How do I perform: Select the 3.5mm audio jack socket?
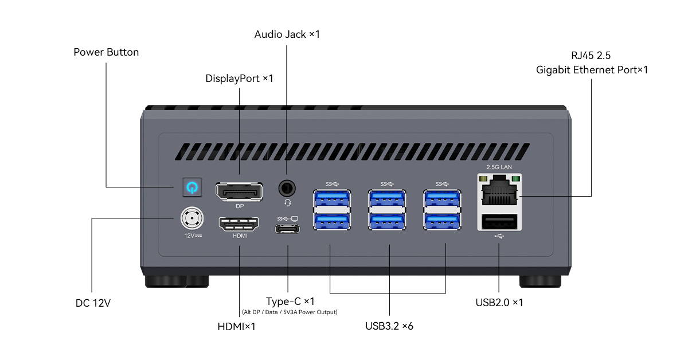coord(288,187)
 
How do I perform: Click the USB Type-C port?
coord(287,230)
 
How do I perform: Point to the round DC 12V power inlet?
coord(191,218)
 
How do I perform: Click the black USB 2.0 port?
coord(499,222)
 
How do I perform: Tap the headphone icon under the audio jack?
coord(288,202)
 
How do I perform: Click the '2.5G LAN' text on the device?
coord(499,167)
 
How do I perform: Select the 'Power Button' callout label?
coord(106,52)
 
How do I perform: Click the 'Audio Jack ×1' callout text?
coord(287,34)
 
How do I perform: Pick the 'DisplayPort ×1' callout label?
coord(239,78)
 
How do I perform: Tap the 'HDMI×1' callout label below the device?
coord(236,327)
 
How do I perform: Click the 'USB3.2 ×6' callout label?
coord(389,327)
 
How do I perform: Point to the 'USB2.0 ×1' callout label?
coord(499,302)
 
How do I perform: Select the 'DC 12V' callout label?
coord(93,302)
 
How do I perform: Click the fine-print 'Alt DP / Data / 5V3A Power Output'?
coord(290,312)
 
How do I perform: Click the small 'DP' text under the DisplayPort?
coord(240,206)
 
